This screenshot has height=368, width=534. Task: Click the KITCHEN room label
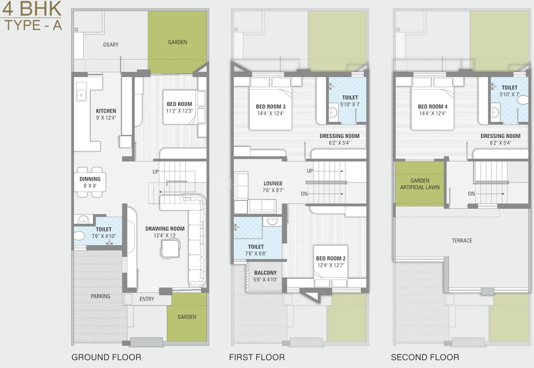106,111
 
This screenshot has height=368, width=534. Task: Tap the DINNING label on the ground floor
90,179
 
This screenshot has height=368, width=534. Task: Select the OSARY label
110,45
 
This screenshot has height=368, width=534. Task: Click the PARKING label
100,296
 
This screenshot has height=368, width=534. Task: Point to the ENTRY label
147,299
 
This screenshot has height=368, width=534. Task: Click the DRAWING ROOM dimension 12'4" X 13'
165,236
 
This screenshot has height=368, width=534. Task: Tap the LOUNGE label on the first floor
273,183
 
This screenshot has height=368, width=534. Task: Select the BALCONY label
266,273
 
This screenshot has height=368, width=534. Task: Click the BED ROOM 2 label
331,258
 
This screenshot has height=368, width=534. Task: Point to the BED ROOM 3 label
271,107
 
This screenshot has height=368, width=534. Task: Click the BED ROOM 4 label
432,107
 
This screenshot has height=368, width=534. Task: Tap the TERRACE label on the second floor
462,240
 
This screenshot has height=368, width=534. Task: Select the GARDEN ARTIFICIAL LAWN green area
420,184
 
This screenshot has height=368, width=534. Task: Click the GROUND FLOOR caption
106,357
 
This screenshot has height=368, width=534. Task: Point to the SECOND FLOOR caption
425,357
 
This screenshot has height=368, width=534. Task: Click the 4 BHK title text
32,9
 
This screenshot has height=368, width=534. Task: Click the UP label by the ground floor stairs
156,171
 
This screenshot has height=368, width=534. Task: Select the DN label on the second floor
471,194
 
